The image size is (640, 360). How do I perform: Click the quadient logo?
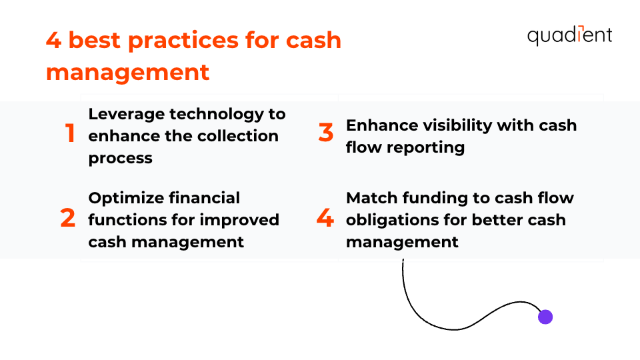569,35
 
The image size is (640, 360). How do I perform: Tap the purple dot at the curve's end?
545,317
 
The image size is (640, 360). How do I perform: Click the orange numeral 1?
70,134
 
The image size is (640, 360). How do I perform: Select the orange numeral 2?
68,219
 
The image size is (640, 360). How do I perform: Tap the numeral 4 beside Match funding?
325,218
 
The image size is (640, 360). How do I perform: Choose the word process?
120,158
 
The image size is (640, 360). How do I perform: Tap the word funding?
435,198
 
